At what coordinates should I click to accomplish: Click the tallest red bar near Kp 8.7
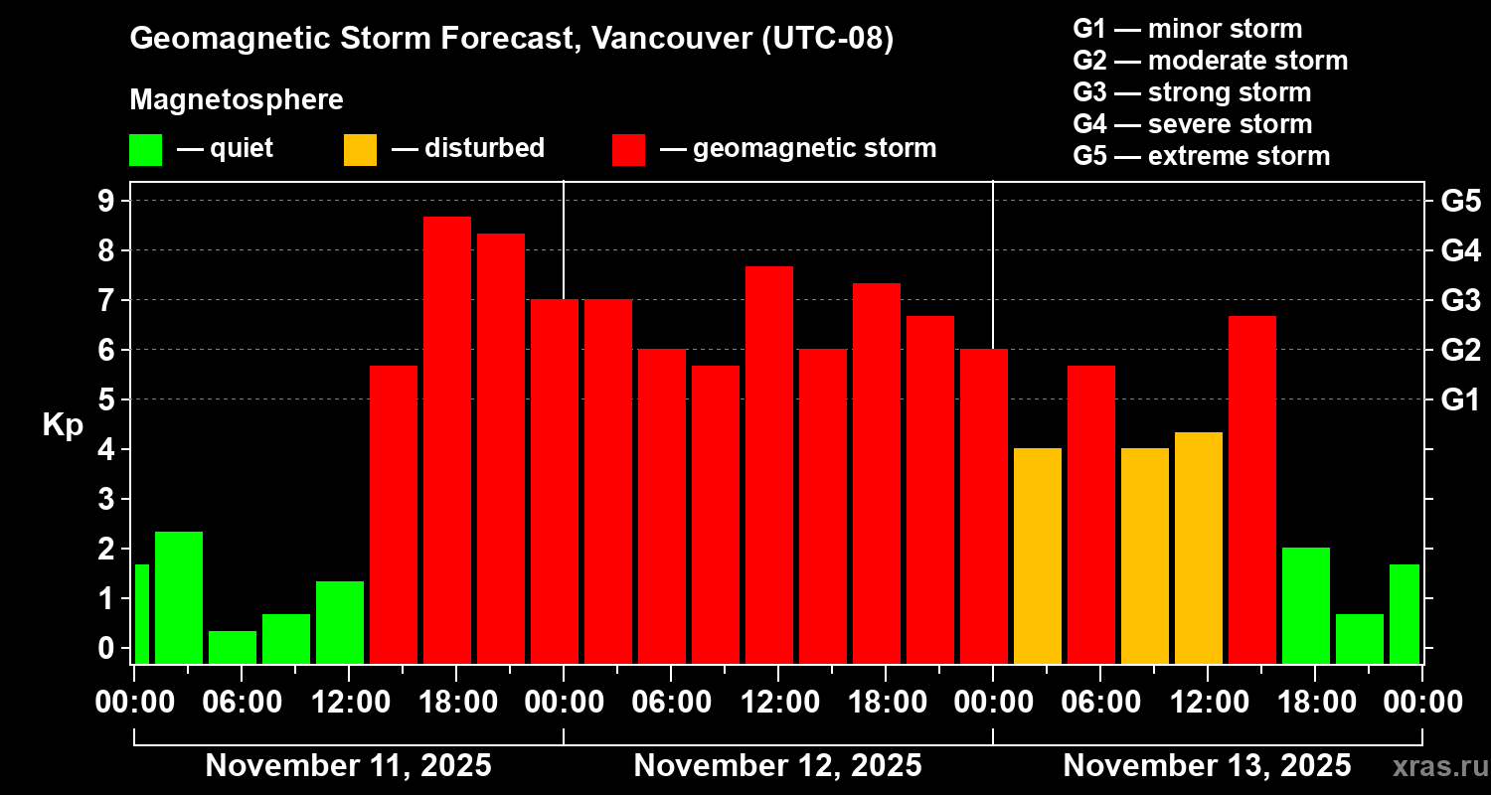coord(447,440)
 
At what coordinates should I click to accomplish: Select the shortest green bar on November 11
coord(233,647)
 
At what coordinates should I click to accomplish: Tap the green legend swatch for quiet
coord(145,150)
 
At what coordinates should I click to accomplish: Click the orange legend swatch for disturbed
coord(360,150)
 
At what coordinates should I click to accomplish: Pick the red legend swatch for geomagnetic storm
coord(629,150)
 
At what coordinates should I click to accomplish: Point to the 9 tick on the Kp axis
coord(106,201)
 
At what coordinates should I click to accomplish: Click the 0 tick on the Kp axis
coord(106,647)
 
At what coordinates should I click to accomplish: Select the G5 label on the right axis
coord(1461,201)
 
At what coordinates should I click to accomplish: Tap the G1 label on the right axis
coord(1460,399)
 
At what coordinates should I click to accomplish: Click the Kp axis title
coord(63,424)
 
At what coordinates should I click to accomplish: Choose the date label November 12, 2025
coord(777,765)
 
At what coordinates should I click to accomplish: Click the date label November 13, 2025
coord(1208,765)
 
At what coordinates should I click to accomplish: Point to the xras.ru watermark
coord(1440,767)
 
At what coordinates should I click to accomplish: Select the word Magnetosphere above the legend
coord(237,99)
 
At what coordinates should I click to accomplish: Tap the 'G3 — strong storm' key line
coord(1192,92)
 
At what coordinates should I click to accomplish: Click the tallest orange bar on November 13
coord(1199,549)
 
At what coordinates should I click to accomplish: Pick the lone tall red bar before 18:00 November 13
coord(1252,490)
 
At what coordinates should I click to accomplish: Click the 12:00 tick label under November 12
coord(779,703)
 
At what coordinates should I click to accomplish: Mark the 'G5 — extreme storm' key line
coord(1202,156)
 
